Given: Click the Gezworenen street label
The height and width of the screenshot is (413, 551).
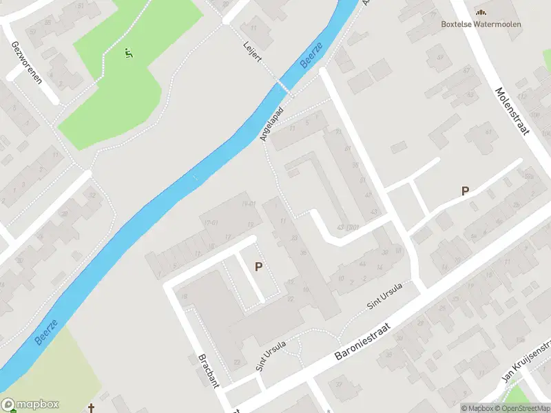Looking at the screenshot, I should [x=26, y=61].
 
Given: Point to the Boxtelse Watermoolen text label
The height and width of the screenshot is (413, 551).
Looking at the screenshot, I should [x=481, y=24].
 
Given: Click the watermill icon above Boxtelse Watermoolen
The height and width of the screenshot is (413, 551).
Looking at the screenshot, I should [x=481, y=12].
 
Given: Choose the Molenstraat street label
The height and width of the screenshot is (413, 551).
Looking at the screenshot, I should [x=513, y=110].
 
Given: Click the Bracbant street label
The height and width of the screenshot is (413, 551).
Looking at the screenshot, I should [x=207, y=372].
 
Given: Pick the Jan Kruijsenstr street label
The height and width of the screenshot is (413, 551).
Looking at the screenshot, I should [x=527, y=366].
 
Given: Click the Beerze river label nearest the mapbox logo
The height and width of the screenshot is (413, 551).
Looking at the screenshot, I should [x=46, y=332].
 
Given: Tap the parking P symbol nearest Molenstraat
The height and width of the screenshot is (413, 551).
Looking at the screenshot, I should [x=466, y=191].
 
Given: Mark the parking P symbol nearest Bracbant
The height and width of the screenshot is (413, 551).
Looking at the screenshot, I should [x=259, y=266].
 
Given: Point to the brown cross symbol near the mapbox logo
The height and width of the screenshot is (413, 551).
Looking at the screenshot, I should [x=92, y=408].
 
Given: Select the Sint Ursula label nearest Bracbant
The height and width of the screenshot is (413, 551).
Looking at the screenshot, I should [x=271, y=354].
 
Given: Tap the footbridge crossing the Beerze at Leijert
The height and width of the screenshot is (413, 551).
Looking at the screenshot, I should [x=283, y=87].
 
